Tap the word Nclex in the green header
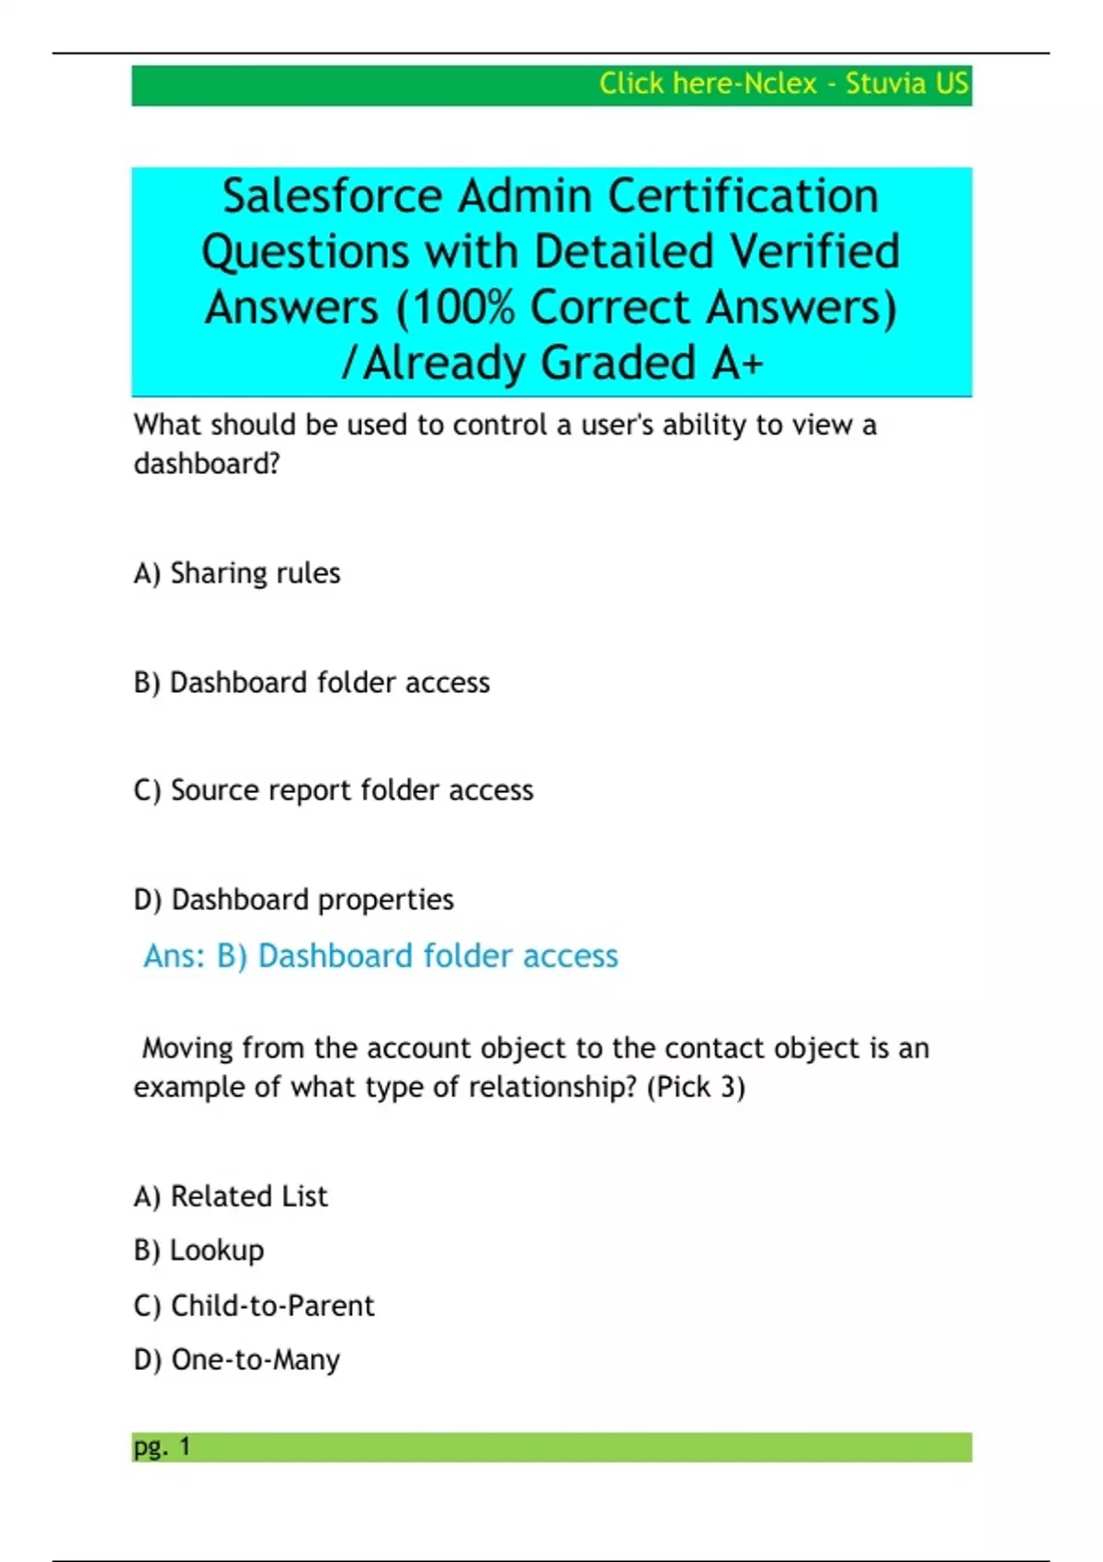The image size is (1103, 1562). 779,84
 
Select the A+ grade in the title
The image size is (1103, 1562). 737,363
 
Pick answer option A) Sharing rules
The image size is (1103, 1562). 237,573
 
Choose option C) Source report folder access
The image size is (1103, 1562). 334,790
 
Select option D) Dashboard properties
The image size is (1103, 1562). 294,900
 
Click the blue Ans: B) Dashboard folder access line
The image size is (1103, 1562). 381,956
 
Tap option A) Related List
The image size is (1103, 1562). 231,1196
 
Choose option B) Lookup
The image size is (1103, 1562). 199,1251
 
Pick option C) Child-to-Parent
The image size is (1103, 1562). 255,1306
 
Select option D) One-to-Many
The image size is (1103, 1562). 237,1360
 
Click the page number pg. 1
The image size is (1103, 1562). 162,1447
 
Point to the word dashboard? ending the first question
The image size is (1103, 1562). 207,464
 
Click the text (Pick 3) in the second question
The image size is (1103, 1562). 696,1088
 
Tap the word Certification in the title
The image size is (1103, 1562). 743,197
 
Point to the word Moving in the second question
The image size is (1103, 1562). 188,1048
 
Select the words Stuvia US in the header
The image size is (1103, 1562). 906,84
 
